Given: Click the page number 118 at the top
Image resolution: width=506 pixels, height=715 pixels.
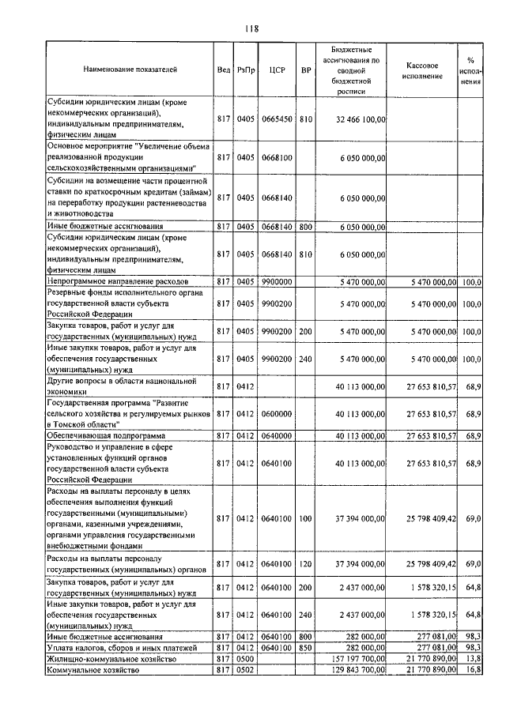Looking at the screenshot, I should (x=252, y=29).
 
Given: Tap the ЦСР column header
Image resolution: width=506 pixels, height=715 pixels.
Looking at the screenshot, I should (x=277, y=70).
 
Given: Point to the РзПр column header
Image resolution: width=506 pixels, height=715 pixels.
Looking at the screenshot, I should (x=246, y=70).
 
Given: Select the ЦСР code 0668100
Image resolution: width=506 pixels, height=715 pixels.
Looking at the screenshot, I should (x=277, y=158).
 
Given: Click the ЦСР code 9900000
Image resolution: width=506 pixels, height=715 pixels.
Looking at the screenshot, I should (x=277, y=280).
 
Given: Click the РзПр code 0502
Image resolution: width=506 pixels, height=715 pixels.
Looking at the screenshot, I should (x=246, y=670).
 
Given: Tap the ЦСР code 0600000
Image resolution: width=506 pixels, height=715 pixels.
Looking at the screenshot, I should (x=277, y=413).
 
